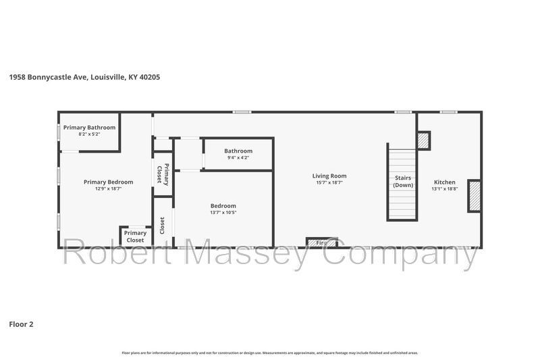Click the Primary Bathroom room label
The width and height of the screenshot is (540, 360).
click(89, 128)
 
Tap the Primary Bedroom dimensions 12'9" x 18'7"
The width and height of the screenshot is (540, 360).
click(108, 188)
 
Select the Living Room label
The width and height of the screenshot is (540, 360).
click(329, 176)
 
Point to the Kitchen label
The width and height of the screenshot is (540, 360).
click(445, 182)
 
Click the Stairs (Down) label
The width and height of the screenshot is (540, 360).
click(403, 182)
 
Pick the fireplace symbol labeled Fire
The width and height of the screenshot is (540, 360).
click(322, 242)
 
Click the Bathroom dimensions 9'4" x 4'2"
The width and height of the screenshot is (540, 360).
click(238, 157)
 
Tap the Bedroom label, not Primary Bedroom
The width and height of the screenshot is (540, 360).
click(223, 206)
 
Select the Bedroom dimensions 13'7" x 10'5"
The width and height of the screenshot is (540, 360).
click(223, 213)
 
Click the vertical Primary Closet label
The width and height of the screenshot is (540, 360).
click(162, 174)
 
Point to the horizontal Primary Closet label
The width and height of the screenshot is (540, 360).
click(135, 236)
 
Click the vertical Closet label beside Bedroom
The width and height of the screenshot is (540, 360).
click(162, 224)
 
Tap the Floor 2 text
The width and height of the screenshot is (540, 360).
click(21, 324)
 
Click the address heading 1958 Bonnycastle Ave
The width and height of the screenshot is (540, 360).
click(84, 77)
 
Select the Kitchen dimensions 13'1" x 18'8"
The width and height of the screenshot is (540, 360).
click(445, 189)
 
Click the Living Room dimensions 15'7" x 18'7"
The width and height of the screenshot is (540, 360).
click(329, 182)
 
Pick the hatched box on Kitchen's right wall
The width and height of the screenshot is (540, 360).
click(474, 196)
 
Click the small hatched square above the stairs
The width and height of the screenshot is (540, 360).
click(423, 140)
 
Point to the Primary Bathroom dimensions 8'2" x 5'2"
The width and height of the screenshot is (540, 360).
click(89, 134)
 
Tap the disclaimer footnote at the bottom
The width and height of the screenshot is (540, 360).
click(270, 353)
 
